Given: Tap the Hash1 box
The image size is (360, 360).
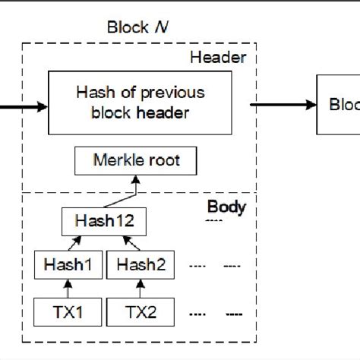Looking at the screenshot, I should pos(68,267).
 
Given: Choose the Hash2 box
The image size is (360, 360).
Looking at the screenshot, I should pos(141,267).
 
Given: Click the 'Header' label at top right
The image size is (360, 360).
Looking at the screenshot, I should pos(226,57).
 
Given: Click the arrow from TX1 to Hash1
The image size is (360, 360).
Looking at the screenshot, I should pos(68,289).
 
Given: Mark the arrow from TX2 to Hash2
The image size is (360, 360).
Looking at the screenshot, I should pos(141,289).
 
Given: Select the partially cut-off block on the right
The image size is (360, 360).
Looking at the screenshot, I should pos(338,106).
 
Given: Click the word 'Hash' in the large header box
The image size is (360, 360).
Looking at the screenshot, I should pos(93,93).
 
